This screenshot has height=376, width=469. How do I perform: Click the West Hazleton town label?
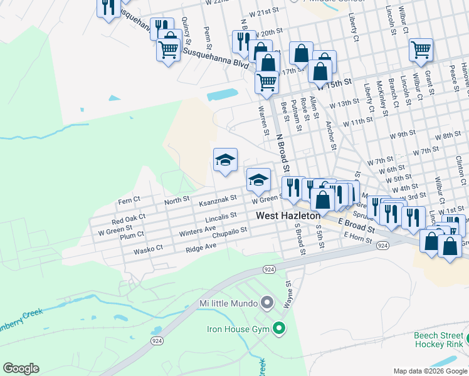tap(288, 216)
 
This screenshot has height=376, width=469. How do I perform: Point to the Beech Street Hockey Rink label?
tap(438, 340)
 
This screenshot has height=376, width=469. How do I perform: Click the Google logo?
tap(21, 368)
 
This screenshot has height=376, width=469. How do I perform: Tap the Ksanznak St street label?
tap(217, 197)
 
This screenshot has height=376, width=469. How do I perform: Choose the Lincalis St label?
tap(221, 216)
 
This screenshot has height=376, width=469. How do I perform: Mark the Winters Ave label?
tap(197, 231)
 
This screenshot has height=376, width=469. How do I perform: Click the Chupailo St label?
tap(230, 230)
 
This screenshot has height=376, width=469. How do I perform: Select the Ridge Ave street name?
tap(201, 247)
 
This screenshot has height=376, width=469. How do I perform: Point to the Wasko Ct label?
tap(148, 250)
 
